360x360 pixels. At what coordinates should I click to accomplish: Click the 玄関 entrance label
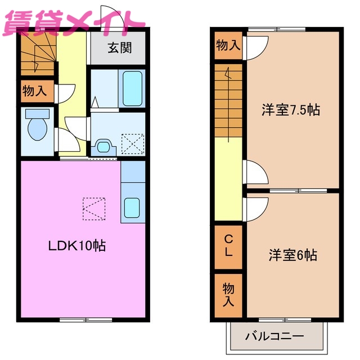coord(119,48)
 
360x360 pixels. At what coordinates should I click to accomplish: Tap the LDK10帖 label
coord(77,245)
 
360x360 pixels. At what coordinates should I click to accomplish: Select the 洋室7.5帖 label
coord(290,109)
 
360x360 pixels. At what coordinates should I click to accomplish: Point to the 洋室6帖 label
coord(292,255)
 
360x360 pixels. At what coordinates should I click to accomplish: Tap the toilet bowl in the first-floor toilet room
coord(38,129)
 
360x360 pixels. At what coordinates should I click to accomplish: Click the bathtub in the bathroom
coord(132,89)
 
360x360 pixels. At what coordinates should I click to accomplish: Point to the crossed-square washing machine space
coord(133,143)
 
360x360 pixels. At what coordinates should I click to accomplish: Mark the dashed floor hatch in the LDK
coord(93,209)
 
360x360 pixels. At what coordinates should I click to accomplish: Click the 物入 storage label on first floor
coord(34,91)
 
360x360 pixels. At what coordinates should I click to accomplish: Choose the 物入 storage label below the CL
coord(228,294)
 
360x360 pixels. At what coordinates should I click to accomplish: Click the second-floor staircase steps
coord(228,101)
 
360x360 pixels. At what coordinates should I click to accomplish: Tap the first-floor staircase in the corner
coord(38,53)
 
